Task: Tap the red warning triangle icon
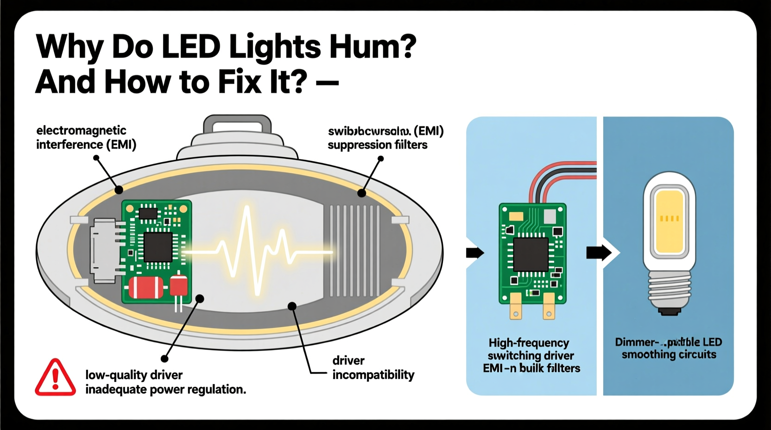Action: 55,378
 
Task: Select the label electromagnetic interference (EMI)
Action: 86,138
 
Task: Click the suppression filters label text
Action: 378,145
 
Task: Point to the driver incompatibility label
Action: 373,367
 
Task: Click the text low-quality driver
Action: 134,374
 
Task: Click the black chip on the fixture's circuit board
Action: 158,247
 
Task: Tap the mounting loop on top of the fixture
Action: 237,126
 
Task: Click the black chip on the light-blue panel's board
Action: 531,254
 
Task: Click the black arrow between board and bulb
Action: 599,253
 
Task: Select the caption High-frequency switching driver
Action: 531,349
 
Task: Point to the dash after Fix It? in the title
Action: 327,83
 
